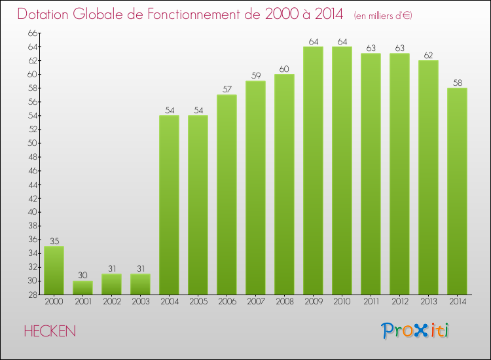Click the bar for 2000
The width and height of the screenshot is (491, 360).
click(54, 270)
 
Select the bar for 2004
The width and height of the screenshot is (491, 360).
click(169, 205)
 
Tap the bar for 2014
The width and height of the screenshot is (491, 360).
click(457, 191)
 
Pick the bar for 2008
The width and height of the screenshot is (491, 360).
click(284, 185)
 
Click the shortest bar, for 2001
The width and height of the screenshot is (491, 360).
click(82, 287)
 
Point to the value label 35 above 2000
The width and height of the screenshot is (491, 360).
click(54, 241)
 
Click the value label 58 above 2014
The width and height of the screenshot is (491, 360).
click(457, 82)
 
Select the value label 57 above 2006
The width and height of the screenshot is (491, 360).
click(227, 89)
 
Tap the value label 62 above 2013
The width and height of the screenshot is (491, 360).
click(428, 55)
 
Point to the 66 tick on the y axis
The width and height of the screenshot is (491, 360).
click(33, 33)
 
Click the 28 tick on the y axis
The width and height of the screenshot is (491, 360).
click(33, 295)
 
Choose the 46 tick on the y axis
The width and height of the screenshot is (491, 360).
click(33, 170)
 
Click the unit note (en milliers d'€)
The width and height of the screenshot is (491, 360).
click(383, 16)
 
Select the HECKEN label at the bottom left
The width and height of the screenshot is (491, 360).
click(50, 331)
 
